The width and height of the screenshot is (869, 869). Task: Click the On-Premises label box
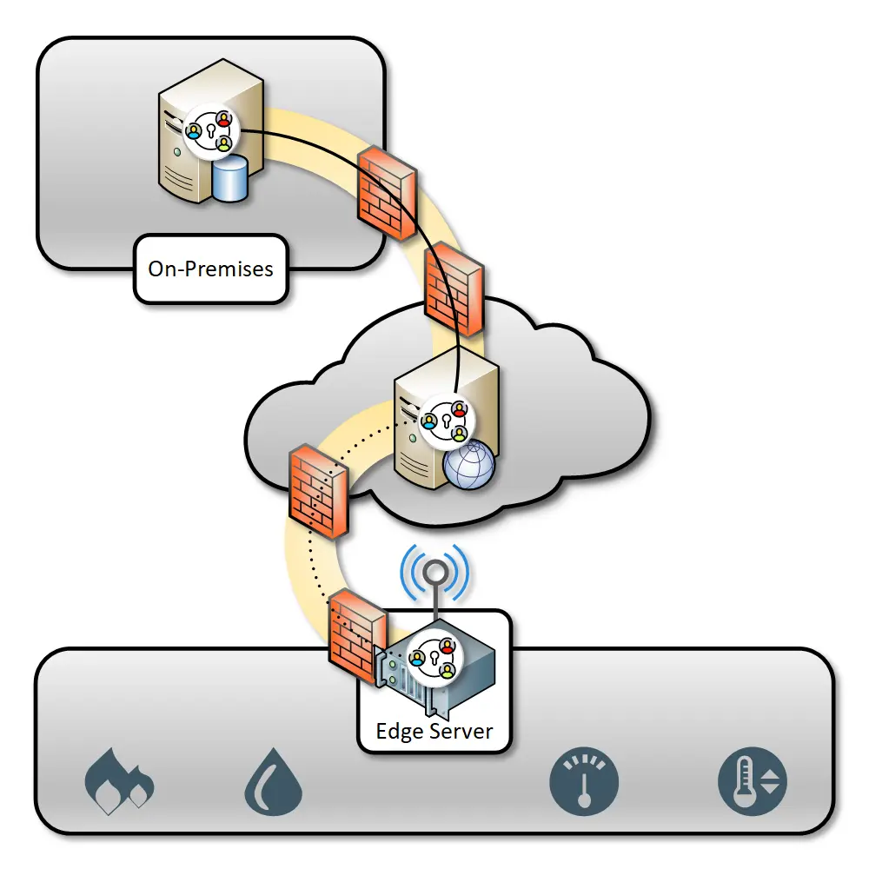[x=210, y=269]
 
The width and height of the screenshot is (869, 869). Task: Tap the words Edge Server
[x=434, y=731]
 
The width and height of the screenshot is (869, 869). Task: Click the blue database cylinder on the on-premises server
[x=229, y=180]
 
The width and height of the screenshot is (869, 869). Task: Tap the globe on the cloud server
[x=468, y=468]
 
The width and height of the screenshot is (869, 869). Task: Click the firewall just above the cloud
[x=452, y=289]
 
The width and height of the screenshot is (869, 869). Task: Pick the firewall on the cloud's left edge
[x=319, y=490]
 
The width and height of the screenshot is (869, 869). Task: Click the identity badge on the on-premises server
[x=210, y=132]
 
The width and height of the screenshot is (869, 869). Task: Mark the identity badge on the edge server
[x=432, y=659]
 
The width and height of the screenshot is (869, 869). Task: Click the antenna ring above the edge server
[x=434, y=573]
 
